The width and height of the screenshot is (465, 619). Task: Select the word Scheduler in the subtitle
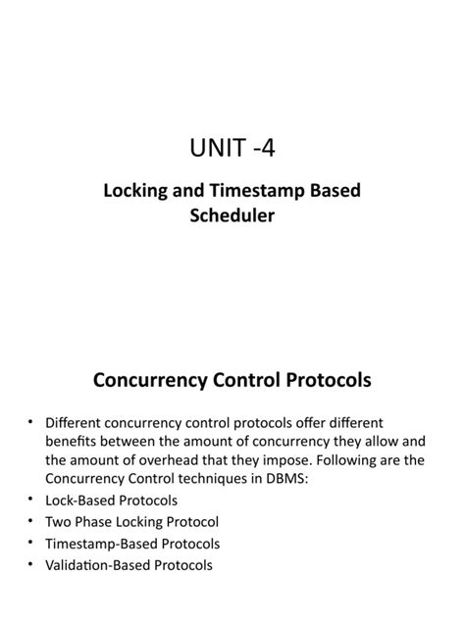232,214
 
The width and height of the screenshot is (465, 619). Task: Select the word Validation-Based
102,565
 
